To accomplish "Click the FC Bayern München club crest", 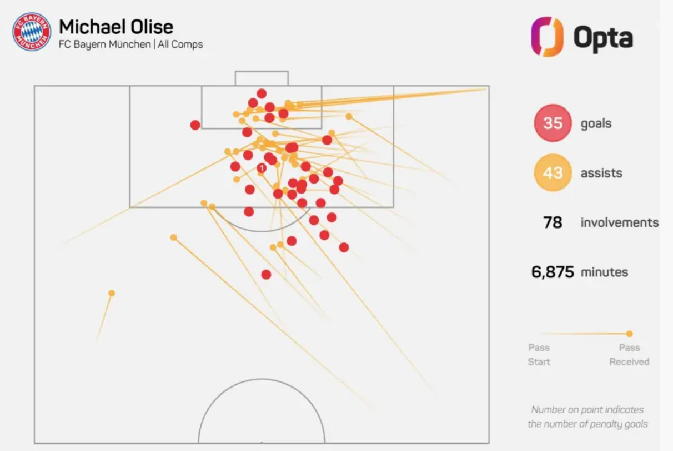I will coord(31,32).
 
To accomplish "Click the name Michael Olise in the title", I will coord(116,27).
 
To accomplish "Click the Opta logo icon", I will coord(547,37).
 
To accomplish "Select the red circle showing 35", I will coord(553,123).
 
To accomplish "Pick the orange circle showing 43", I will coord(553,173).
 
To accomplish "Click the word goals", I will coord(596,123).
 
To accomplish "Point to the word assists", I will coord(601,173).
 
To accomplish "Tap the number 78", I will coord(553,223).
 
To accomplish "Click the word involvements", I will coord(619,223).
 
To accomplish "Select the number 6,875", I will coord(553,272).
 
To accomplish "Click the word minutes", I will coord(604,272).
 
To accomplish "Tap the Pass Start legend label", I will coord(539,355).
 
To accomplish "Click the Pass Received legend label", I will coord(629,355).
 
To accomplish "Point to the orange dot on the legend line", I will coord(629,334).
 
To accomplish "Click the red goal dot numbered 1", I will coord(262,168).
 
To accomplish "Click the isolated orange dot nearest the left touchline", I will coord(112,293).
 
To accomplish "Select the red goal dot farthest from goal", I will coord(266,274).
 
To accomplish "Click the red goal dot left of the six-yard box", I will coord(195,125).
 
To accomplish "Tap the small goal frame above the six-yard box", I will coord(262,78).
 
